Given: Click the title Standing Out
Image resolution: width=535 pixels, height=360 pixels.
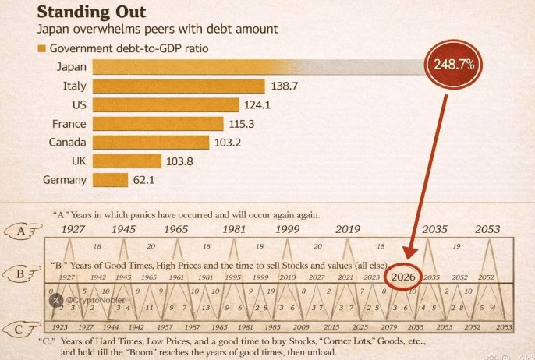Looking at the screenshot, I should [90, 13].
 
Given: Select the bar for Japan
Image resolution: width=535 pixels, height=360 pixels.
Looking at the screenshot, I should [257, 67].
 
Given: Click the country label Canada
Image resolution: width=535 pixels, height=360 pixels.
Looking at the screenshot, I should [68, 143].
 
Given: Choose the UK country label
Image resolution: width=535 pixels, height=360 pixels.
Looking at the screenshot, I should [77, 161].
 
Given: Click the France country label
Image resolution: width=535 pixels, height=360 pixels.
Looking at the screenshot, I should [69, 124].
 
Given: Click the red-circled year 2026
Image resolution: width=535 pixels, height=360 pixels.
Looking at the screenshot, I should [403, 276].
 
